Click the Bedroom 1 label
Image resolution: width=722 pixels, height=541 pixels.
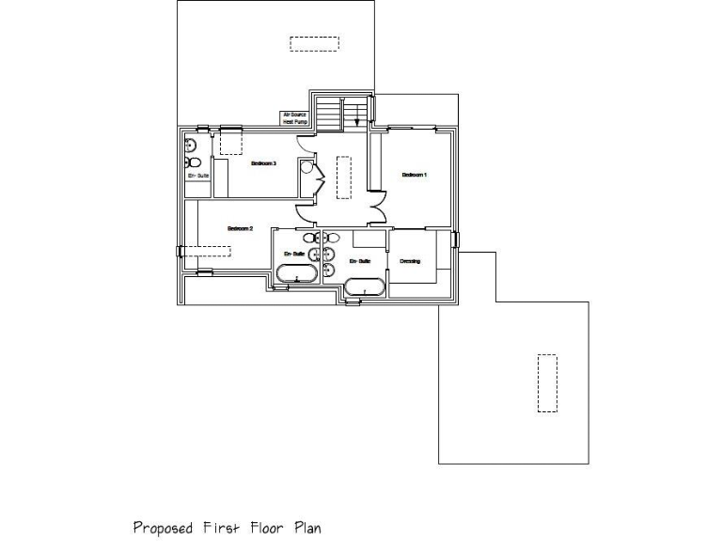(x=414, y=175)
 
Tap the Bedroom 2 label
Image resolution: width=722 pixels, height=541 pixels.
(x=241, y=228)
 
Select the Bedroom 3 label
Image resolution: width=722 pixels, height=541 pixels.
(x=262, y=164)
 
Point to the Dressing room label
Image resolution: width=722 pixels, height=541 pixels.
(x=410, y=261)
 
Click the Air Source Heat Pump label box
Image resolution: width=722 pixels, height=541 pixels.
(x=294, y=118)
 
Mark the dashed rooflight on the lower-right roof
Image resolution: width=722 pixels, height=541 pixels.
(x=546, y=382)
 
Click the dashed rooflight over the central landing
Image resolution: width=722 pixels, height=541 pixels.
(x=343, y=178)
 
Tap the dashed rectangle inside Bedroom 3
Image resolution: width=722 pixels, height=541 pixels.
(x=231, y=143)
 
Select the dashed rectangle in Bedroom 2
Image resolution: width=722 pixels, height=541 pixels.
(x=205, y=251)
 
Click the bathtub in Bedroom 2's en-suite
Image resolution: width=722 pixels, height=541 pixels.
(x=297, y=274)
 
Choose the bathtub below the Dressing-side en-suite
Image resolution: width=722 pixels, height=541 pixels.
(x=364, y=287)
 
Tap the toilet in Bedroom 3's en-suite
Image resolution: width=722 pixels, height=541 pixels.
(x=190, y=145)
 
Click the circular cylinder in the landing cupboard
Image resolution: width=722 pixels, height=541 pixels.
(x=306, y=168)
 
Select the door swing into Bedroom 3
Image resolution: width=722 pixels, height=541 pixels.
(x=306, y=144)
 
